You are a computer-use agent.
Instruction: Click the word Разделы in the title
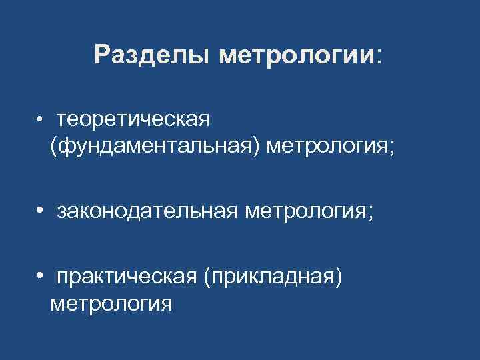[153, 55]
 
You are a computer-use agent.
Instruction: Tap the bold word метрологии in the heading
[297, 55]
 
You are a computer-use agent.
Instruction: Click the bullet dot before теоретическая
[41, 119]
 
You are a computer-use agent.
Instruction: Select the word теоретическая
[134, 119]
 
